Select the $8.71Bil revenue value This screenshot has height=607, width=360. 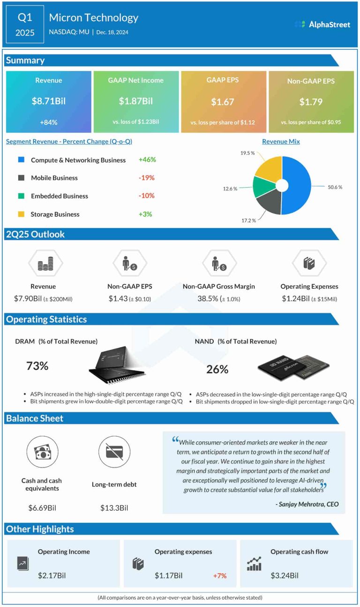(x=48, y=101)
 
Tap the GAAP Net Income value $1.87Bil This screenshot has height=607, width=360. (x=136, y=101)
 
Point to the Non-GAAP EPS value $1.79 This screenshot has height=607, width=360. (x=311, y=101)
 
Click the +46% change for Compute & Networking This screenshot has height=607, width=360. (x=147, y=159)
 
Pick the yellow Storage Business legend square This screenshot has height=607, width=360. (x=21, y=214)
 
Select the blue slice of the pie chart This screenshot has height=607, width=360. (x=298, y=185)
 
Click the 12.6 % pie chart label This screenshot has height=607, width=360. (x=230, y=189)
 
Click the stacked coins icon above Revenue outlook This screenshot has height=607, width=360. (x=45, y=264)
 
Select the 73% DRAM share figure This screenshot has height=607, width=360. (x=37, y=366)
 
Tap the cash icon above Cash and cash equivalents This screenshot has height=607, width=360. (x=42, y=452)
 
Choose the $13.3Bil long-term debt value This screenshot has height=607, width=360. (x=114, y=508)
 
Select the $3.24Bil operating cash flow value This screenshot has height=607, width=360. (x=285, y=575)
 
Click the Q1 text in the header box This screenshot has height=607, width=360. (x=25, y=18)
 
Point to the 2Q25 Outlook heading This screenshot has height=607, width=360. (x=35, y=234)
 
